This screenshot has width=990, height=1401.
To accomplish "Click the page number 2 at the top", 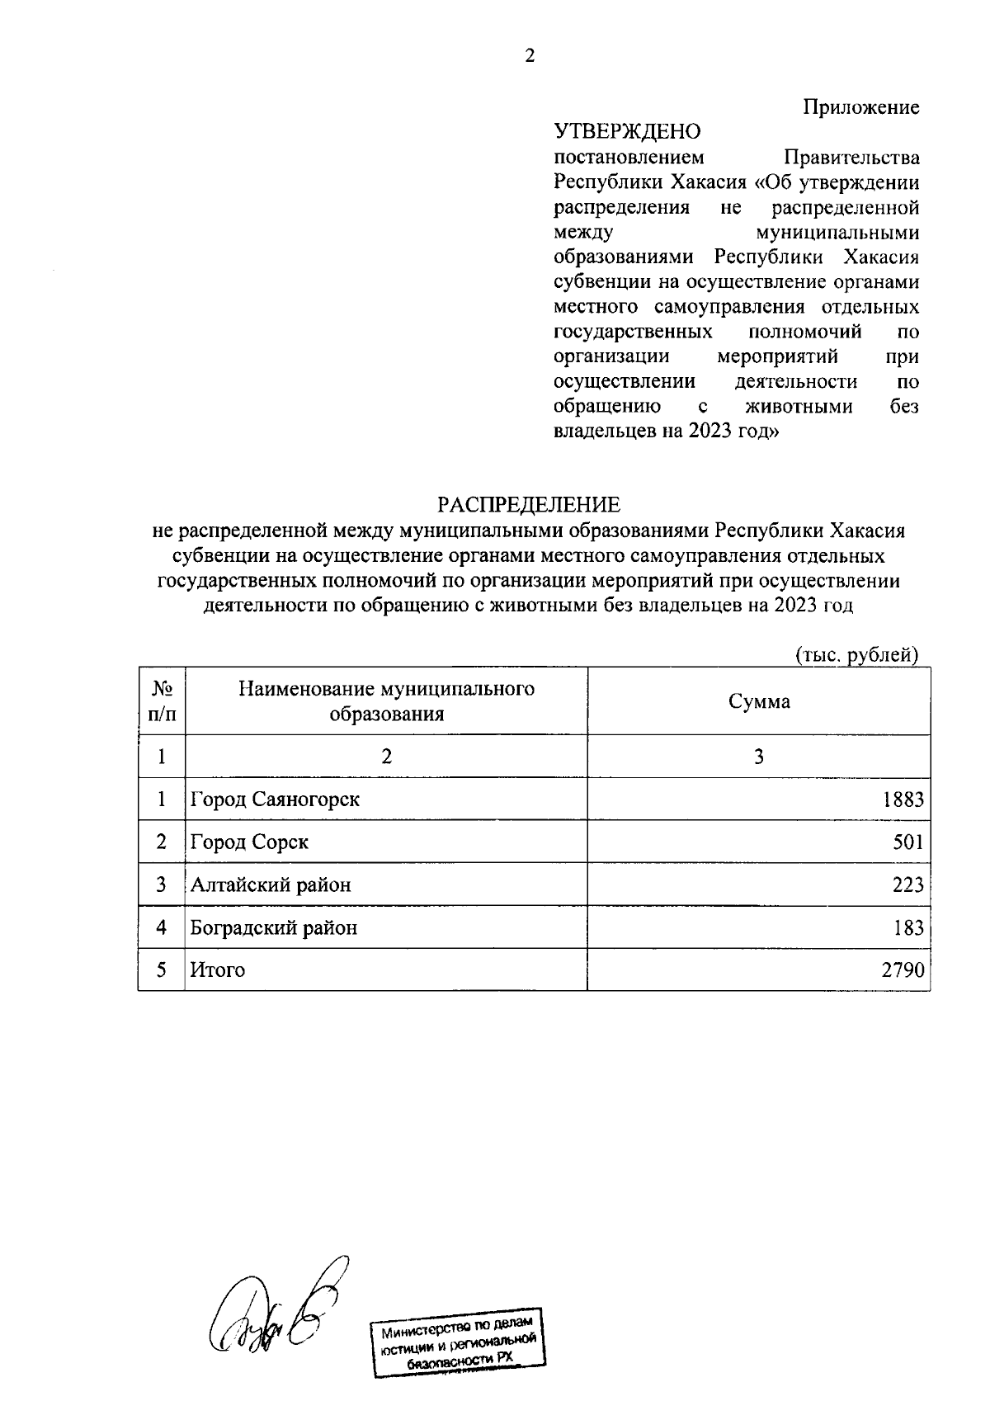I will pyautogui.click(x=530, y=57).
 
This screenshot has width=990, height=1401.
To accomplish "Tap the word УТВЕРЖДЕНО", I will pyautogui.click(x=627, y=132).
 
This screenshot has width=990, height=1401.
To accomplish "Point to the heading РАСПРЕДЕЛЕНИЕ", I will pyautogui.click(x=528, y=504).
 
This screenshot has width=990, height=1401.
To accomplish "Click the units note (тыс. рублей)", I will pyautogui.click(x=856, y=655).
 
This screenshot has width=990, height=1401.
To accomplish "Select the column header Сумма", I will pyautogui.click(x=759, y=701).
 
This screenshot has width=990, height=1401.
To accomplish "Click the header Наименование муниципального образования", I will pyautogui.click(x=386, y=701).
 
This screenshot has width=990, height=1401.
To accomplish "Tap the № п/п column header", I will pyautogui.click(x=162, y=701).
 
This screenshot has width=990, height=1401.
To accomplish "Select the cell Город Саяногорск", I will pyautogui.click(x=275, y=800).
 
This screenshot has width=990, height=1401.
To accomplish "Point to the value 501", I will pyautogui.click(x=907, y=842).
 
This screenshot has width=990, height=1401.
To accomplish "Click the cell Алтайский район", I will pyautogui.click(x=271, y=885).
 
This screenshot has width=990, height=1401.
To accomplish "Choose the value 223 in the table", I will pyautogui.click(x=907, y=885).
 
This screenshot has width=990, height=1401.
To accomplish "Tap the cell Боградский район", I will pyautogui.click(x=274, y=928).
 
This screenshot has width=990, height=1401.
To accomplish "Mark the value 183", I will pyautogui.click(x=907, y=928).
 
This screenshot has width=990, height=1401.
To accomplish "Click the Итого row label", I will pyautogui.click(x=218, y=970).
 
